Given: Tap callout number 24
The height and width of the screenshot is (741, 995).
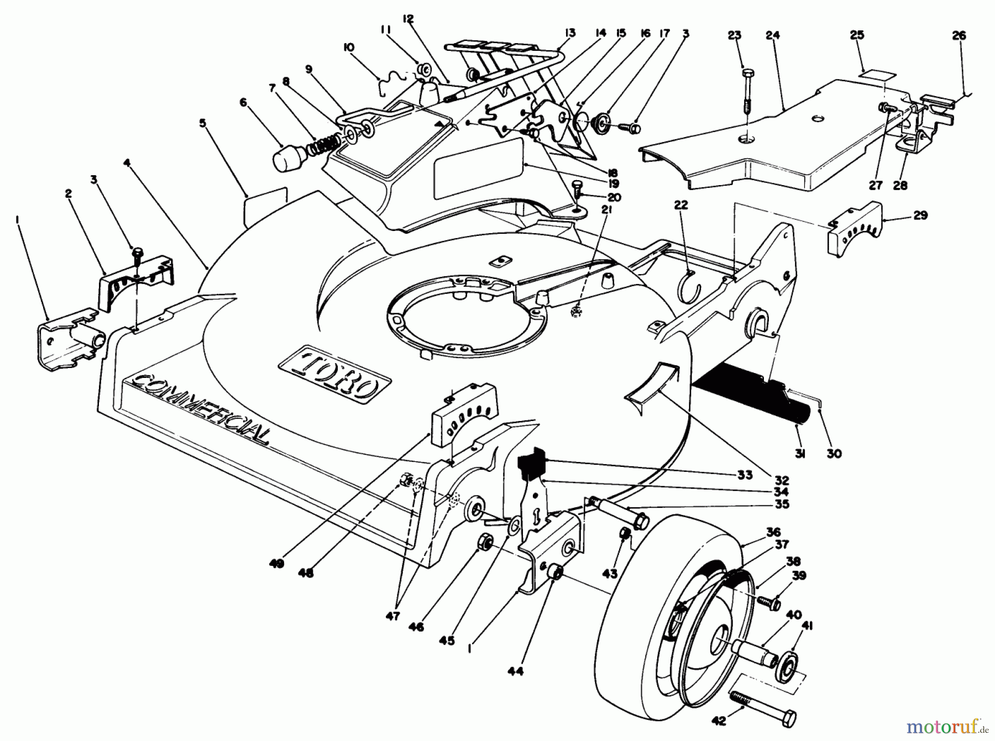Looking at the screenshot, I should (x=772, y=35).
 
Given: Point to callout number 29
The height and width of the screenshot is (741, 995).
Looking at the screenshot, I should (x=920, y=216).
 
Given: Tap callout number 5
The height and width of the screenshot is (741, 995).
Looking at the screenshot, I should (x=203, y=123).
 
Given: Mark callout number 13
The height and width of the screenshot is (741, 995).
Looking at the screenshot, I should (x=570, y=33).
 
